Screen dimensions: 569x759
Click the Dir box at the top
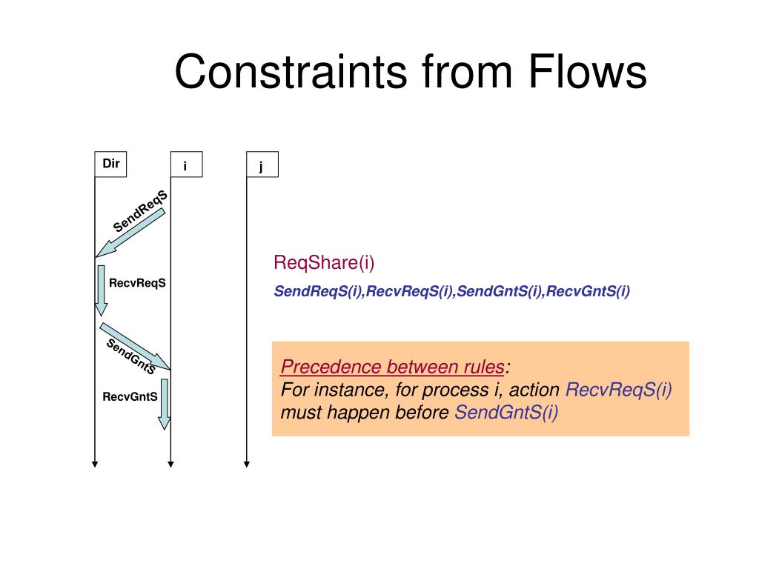click(x=110, y=164)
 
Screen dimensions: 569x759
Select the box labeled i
click(x=185, y=166)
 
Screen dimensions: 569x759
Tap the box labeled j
click(x=262, y=166)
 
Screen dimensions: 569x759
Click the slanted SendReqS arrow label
click(x=140, y=211)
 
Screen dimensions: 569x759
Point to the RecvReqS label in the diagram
click(x=137, y=283)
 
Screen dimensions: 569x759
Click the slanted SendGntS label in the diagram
click(x=130, y=356)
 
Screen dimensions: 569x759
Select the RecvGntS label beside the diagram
click(x=130, y=396)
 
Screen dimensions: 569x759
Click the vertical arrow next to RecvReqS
click(x=101, y=290)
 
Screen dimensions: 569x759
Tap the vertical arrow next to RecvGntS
click(x=164, y=404)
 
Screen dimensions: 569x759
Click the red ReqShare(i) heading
click(x=325, y=262)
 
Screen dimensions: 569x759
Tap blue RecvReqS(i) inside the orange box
click(x=619, y=390)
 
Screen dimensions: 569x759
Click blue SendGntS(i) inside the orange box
click(x=506, y=413)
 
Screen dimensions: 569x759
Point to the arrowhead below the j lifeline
click(x=247, y=465)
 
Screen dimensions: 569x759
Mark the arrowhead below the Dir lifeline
click(x=95, y=465)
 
